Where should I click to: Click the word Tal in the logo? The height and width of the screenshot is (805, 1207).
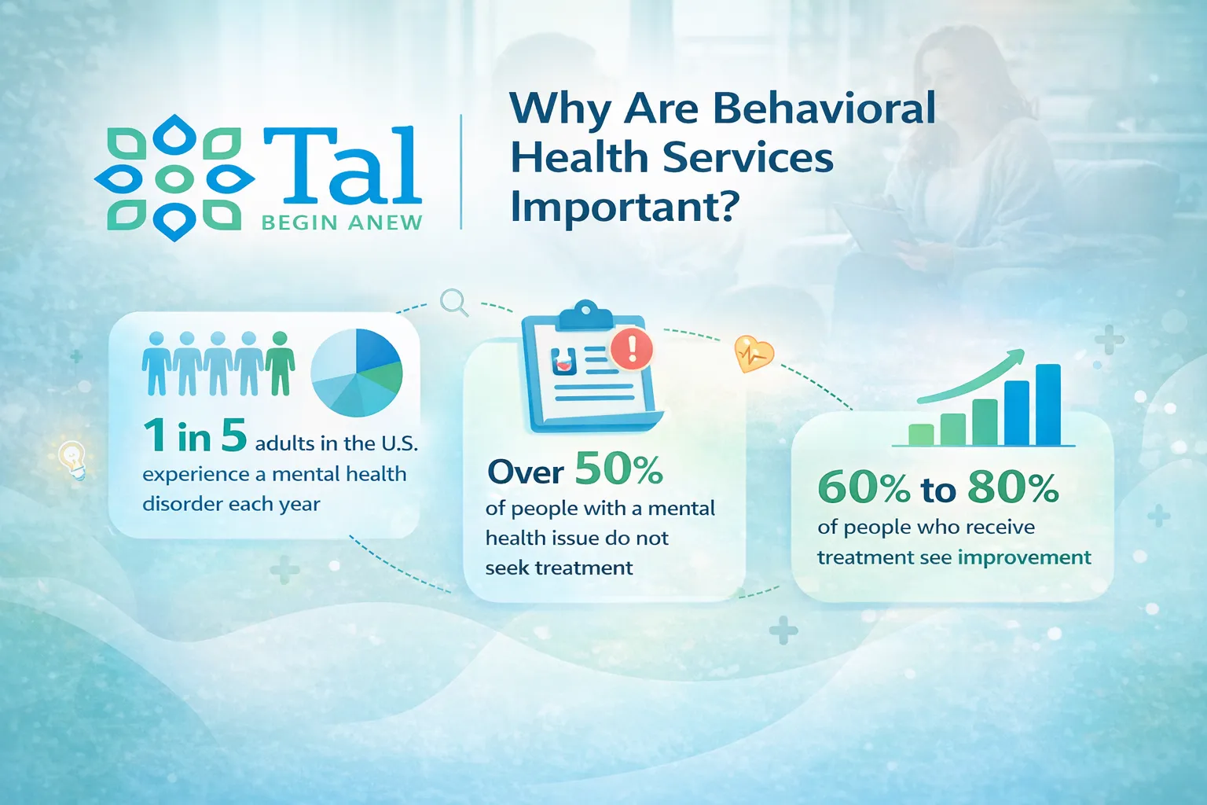[x=342, y=166]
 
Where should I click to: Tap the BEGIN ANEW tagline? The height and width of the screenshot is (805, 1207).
[x=342, y=223]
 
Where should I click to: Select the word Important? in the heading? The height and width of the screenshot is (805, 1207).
[x=625, y=207]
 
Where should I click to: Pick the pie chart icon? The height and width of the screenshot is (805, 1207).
[x=357, y=372]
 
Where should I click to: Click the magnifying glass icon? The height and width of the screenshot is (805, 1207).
[x=453, y=301]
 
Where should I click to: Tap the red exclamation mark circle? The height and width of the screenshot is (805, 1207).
[x=632, y=348]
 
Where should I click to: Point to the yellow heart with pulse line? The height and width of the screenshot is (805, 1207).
[x=754, y=353]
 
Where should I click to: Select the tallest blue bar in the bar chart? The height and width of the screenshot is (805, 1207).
[x=1048, y=404]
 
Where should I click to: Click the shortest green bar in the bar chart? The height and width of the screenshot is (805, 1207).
[x=921, y=435]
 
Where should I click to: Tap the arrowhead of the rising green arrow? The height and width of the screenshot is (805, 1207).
[x=1016, y=357]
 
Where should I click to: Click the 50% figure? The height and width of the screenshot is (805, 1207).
[x=619, y=469]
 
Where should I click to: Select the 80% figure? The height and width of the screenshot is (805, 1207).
[x=1013, y=487]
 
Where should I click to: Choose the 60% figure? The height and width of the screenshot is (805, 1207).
[x=864, y=487]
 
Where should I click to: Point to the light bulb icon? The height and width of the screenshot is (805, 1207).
[x=73, y=460]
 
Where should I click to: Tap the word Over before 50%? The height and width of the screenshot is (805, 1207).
[x=526, y=472]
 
